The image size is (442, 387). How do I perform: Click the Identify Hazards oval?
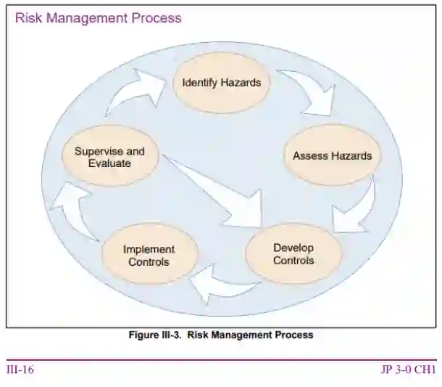pyautogui.click(x=221, y=82)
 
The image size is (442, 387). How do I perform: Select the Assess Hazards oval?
pyautogui.click(x=332, y=155)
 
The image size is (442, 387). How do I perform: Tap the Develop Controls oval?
pyautogui.click(x=293, y=253)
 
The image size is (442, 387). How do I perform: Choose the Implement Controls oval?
pyautogui.click(x=149, y=255)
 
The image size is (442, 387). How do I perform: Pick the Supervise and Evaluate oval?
pyautogui.click(x=109, y=158)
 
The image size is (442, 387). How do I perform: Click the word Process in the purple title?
pyautogui.click(x=157, y=17)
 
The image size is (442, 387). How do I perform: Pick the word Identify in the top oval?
pyautogui.click(x=199, y=82)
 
